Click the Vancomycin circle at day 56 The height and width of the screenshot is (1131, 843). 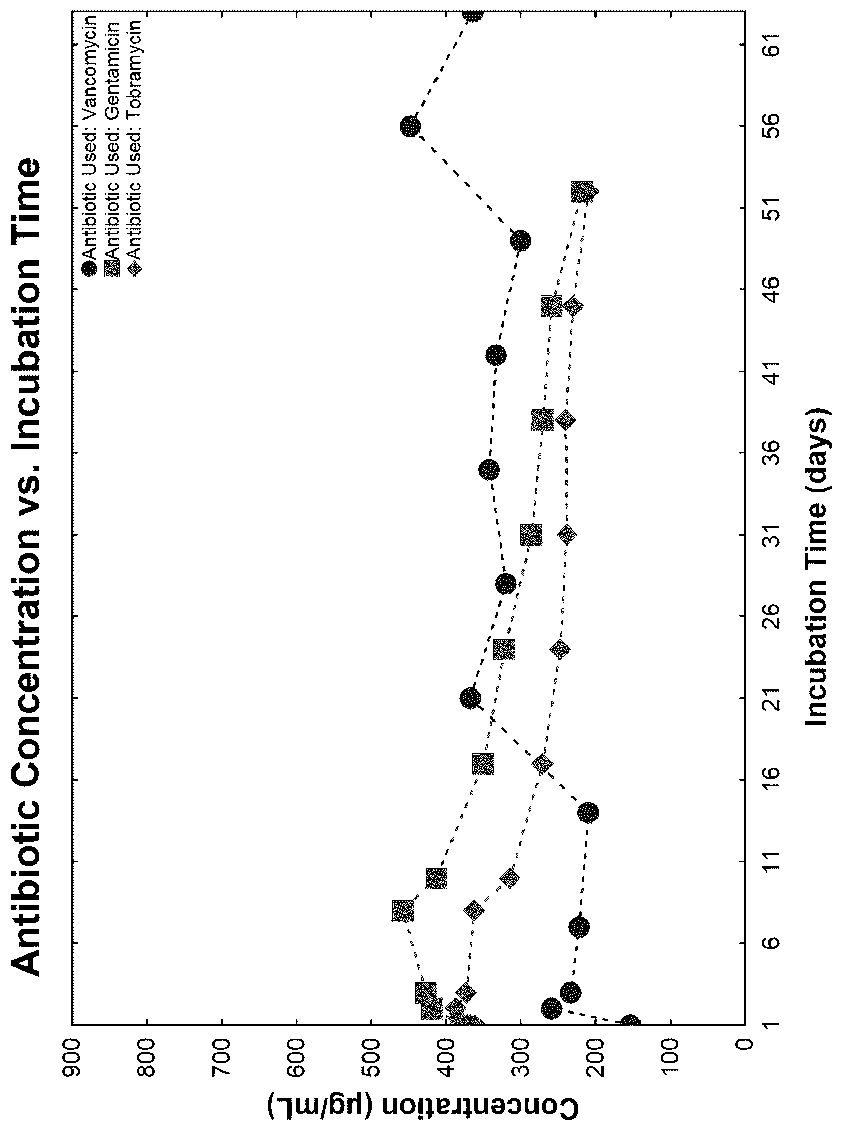tap(410, 126)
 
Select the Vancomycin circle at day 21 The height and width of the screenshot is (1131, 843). tap(470, 698)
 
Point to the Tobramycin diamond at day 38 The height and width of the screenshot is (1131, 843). tap(565, 420)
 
